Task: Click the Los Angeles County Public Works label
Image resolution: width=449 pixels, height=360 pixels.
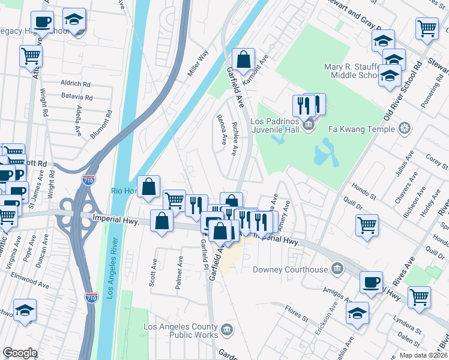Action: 180,331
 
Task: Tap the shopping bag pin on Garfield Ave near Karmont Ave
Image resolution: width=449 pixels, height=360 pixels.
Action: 243,59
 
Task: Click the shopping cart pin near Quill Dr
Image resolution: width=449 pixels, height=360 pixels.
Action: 367,226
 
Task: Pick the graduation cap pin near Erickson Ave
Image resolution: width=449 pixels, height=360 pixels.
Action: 358,314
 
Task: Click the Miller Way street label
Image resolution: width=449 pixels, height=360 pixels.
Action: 197,63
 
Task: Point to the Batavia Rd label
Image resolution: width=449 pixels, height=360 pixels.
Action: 76,97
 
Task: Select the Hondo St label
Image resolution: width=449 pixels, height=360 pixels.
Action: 364,191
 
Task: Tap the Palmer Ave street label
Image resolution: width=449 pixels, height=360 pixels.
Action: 179,274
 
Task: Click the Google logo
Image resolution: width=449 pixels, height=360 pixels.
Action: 20,353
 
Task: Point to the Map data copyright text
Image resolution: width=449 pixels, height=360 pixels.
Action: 423,355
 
